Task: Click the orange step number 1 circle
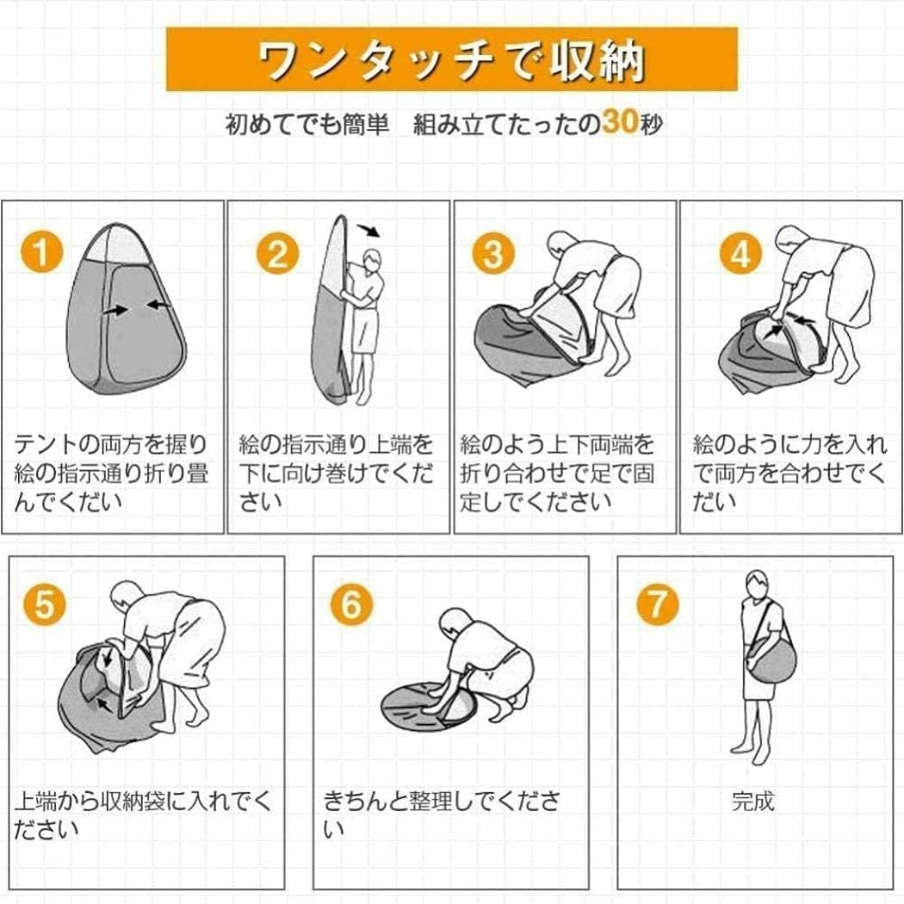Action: (41, 252)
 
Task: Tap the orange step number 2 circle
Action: (278, 253)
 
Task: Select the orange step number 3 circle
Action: (493, 253)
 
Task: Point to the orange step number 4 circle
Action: (740, 253)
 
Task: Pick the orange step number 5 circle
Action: (45, 604)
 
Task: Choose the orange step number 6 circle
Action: (351, 604)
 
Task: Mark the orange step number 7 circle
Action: (657, 604)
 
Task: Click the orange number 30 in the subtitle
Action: (621, 121)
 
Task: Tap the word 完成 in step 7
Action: (752, 801)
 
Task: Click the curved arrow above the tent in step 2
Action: (369, 230)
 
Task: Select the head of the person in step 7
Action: (757, 585)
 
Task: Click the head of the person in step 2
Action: (373, 261)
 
